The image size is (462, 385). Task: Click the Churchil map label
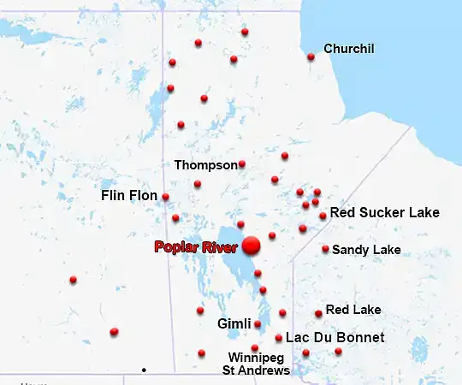point(349,49)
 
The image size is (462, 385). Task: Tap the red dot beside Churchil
point(311,57)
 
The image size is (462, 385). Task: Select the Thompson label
point(205,164)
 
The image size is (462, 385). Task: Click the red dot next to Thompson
point(242,163)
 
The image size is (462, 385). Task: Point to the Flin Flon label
point(129,196)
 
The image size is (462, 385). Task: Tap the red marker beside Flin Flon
point(165,197)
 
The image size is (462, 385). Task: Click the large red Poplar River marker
point(251,246)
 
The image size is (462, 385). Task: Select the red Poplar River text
point(196,247)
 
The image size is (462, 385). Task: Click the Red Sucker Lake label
point(384,212)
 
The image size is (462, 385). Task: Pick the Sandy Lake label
point(366,250)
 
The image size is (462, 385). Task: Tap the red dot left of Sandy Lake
point(325,249)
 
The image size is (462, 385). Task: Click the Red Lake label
point(353,309)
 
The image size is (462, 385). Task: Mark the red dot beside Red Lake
point(318,313)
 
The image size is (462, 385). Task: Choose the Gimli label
point(234,324)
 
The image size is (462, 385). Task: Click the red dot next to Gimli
point(258,324)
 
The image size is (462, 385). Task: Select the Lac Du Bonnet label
point(329,338)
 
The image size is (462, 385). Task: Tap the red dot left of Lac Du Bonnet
point(279,338)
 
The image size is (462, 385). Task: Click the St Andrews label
point(256,370)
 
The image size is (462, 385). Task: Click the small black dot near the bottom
point(144,370)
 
